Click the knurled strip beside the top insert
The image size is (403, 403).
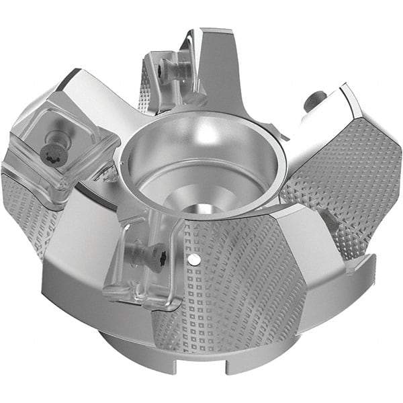tap(144, 91)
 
